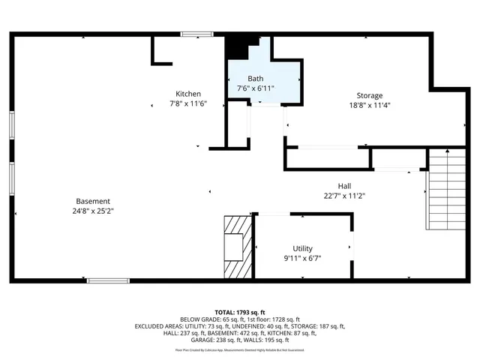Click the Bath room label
(256, 78)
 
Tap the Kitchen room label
(188, 93)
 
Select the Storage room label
(370, 95)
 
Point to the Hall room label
(344, 186)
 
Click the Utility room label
(303, 248)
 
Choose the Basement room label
(93, 201)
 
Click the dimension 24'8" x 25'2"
(93, 211)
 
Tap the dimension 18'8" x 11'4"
(370, 105)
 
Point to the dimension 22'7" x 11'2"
(344, 196)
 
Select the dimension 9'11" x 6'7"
(303, 258)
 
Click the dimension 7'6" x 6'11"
(256, 88)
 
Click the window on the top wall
(196, 34)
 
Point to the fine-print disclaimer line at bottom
(240, 349)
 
